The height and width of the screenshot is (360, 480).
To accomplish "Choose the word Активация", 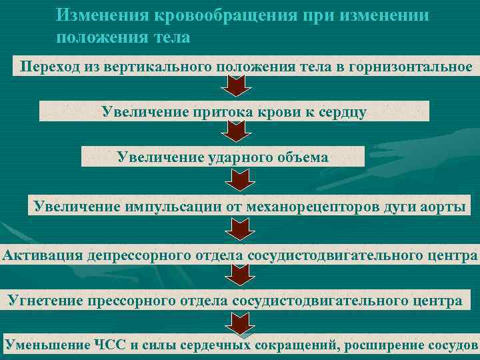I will (x=43, y=255).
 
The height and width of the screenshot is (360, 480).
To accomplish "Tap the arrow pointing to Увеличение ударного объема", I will (x=237, y=133).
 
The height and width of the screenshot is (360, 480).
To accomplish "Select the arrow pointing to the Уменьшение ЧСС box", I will (x=237, y=323).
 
